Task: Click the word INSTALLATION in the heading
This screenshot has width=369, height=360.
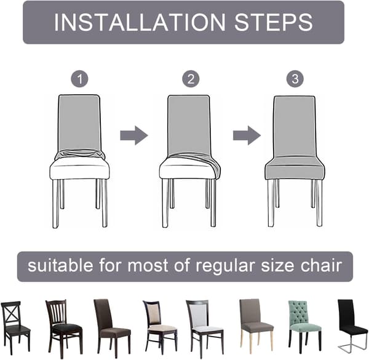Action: coord(140,22)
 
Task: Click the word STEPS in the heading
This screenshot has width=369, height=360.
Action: coord(274,22)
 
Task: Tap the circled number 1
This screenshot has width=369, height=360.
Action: coord(79,79)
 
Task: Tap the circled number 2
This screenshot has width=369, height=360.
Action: coord(191,79)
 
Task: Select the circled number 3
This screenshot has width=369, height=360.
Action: coord(295,79)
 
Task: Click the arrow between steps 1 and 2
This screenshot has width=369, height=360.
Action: coord(134,135)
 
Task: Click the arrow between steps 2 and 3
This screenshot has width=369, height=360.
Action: coord(247,135)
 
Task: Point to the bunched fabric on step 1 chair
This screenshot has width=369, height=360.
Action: coord(79,154)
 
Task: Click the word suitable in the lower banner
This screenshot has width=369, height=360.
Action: coord(60,266)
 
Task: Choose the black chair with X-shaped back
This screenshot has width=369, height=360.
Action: coord(16,327)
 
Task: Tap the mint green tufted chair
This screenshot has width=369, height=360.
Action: coord(304,327)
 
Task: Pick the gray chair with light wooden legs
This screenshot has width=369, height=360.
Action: coord(256,326)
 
